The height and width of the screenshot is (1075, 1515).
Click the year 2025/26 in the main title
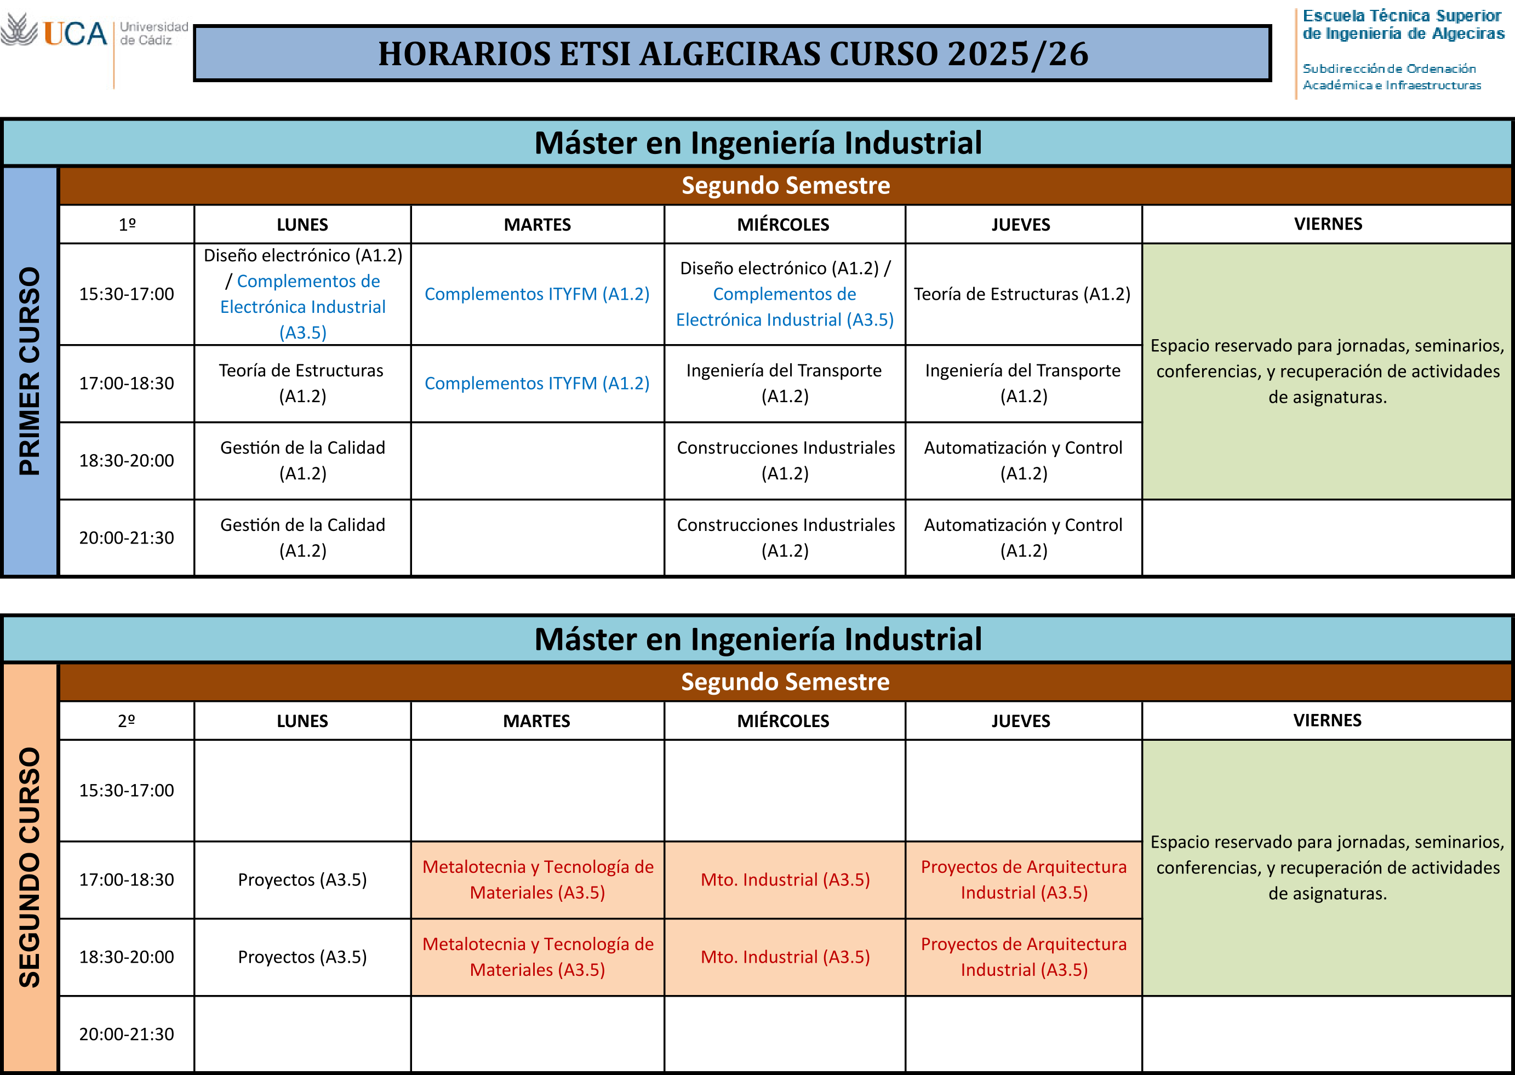(1018, 54)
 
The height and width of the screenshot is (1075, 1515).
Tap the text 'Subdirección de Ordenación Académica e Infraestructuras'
(1391, 77)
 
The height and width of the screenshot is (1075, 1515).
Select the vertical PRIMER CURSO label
(30, 371)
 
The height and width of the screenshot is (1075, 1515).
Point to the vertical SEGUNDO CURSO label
(30, 867)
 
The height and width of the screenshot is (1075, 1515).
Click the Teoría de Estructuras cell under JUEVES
(1023, 294)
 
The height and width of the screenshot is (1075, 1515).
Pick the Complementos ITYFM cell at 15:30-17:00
(538, 294)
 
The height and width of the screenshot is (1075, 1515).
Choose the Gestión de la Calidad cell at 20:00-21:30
(302, 537)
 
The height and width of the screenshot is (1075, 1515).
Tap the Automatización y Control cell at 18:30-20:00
(1023, 461)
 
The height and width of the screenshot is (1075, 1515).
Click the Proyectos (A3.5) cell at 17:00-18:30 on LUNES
(302, 880)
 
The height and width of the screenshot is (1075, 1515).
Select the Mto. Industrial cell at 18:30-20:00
(785, 957)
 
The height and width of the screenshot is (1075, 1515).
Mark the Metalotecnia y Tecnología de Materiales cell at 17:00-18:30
(538, 880)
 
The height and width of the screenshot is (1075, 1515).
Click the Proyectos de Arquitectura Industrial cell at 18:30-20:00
(1023, 957)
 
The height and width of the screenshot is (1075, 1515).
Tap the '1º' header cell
(127, 225)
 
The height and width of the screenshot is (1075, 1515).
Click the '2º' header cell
(127, 721)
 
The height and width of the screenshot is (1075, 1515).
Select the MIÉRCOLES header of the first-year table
(784, 225)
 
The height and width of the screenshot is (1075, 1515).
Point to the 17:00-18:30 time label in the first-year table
(127, 384)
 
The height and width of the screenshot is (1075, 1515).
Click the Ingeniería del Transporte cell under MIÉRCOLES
(785, 384)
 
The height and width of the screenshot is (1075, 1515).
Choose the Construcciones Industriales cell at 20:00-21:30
(785, 537)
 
